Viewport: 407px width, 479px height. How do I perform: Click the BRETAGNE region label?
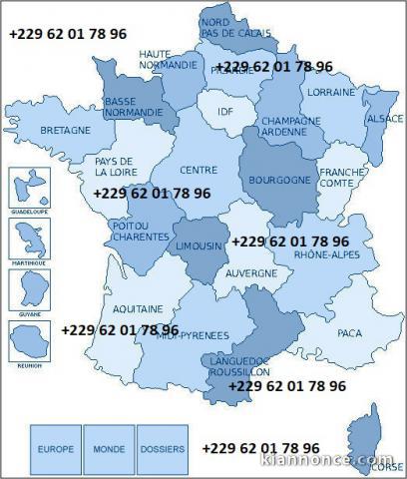tap(66, 131)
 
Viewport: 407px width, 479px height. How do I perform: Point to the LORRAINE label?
tap(331, 93)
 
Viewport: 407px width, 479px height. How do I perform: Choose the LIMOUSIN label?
tap(202, 245)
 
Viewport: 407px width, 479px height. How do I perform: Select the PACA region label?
tap(348, 332)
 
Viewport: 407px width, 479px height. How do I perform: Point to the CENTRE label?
tap(199, 170)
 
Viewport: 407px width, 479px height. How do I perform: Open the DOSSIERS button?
tap(162, 450)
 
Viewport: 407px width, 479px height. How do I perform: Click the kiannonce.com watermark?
tap(331, 462)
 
